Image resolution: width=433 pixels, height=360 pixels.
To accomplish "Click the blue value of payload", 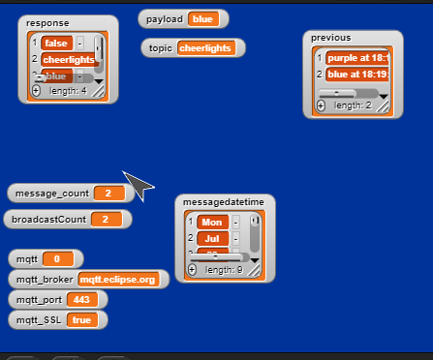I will click(x=203, y=18).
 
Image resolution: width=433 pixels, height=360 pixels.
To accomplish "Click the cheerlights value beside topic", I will click(x=205, y=47).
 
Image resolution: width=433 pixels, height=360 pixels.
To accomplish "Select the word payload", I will click(x=165, y=18).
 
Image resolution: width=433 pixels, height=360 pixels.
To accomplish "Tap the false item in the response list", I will click(x=56, y=43).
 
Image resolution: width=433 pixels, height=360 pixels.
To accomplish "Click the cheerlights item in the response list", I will click(x=68, y=59).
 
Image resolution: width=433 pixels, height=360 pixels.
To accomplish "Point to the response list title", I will click(x=47, y=22).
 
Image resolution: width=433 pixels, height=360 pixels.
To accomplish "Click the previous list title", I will click(x=331, y=38).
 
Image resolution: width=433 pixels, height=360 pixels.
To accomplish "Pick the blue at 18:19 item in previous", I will click(x=356, y=74).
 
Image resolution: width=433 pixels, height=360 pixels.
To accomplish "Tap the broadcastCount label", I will click(x=49, y=220).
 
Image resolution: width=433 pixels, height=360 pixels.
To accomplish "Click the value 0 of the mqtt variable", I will click(x=57, y=259).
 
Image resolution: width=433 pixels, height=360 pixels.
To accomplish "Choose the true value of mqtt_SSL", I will click(x=81, y=320).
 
